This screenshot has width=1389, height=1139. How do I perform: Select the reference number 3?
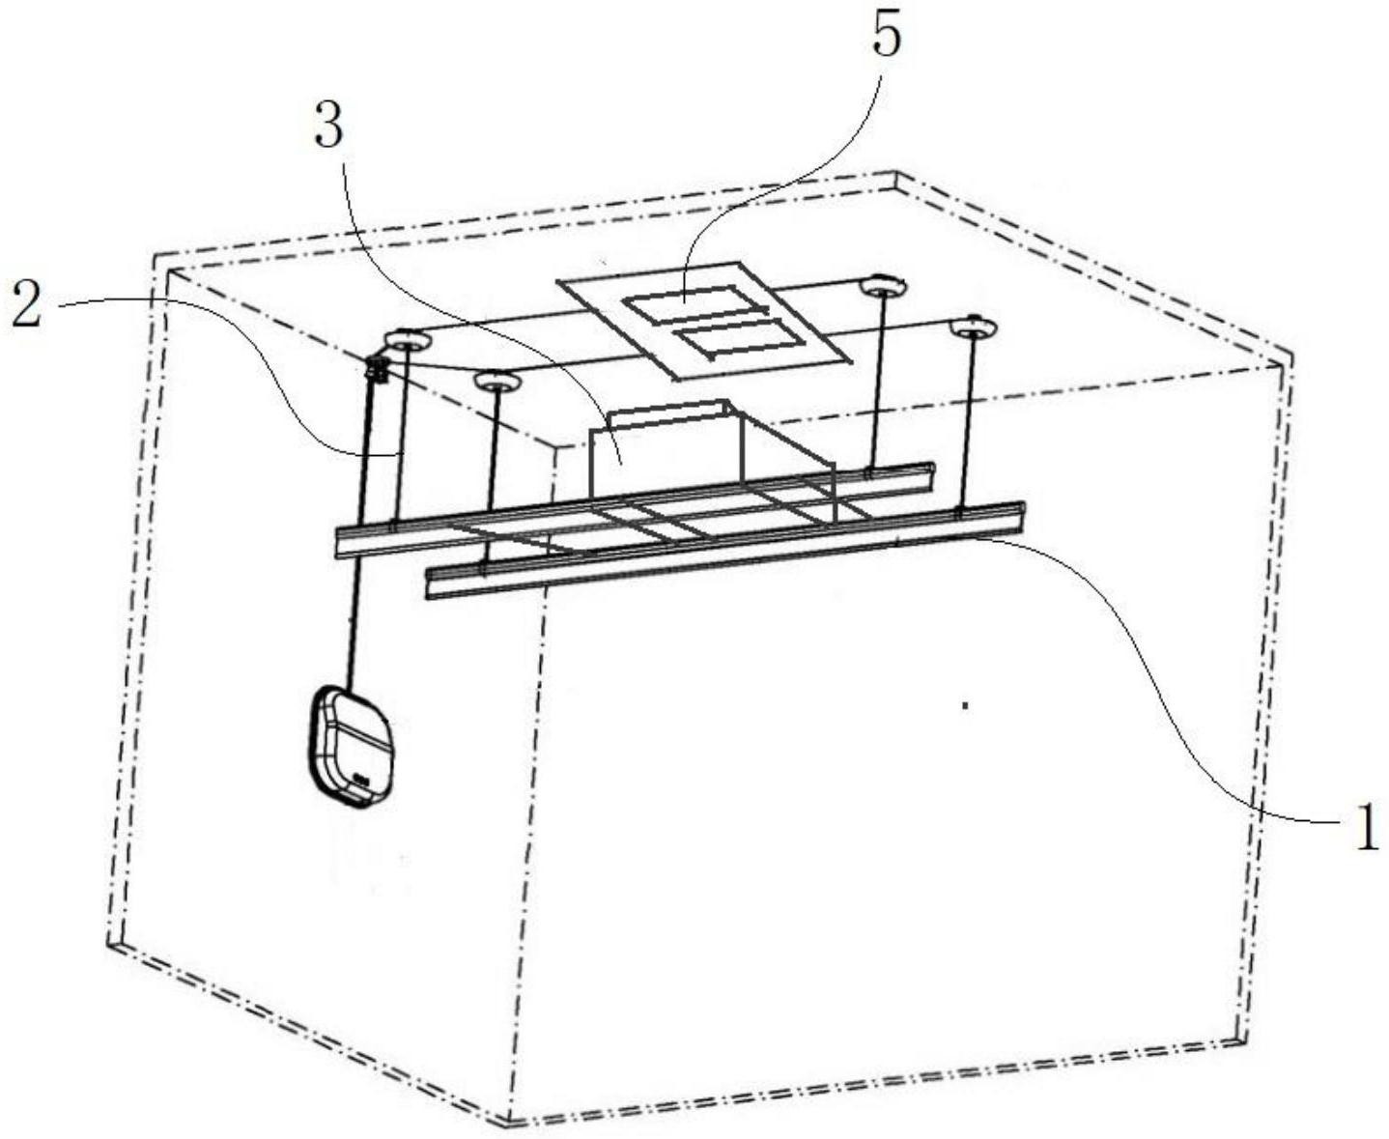[328, 126]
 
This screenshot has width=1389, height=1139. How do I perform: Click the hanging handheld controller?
[351, 747]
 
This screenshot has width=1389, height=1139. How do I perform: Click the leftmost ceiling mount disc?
[409, 341]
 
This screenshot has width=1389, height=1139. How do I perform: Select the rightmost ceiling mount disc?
[974, 327]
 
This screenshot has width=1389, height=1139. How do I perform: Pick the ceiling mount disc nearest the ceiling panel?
[884, 285]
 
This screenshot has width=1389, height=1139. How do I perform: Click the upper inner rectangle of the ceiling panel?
[694, 305]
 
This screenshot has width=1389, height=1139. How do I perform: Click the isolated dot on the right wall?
[966, 705]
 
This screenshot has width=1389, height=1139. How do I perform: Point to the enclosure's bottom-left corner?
[111, 943]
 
